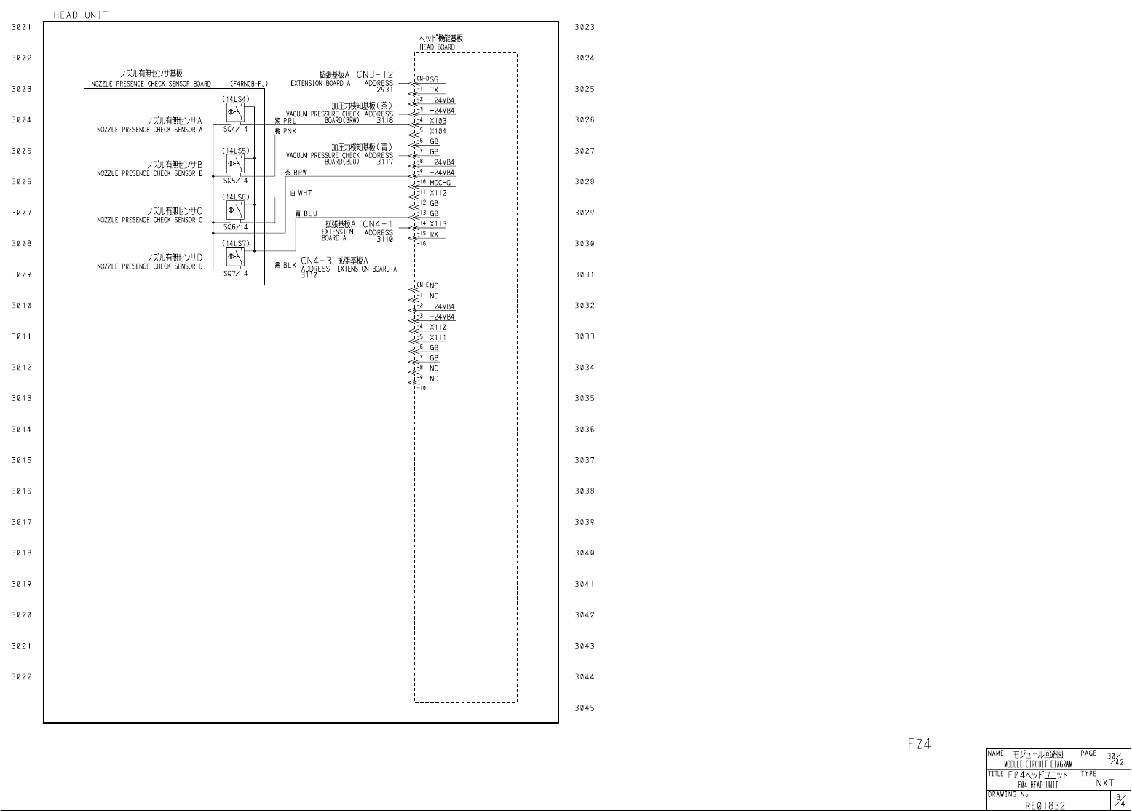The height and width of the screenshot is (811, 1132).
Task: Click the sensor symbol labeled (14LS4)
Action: click(234, 112)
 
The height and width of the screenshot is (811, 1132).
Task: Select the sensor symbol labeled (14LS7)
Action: click(234, 256)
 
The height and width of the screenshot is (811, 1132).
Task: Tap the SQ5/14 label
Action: click(235, 181)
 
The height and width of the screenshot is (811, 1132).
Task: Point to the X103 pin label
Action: click(438, 122)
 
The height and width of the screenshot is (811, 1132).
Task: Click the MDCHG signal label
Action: click(440, 183)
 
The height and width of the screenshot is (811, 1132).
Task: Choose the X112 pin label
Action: click(438, 194)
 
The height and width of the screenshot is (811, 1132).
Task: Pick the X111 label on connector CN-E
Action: click(438, 338)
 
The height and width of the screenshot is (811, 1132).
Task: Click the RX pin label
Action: click(434, 235)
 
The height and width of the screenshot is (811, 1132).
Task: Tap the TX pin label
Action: click(434, 90)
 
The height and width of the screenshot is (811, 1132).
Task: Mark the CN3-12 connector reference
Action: click(375, 74)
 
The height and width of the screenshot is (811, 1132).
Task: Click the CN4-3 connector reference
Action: click(316, 261)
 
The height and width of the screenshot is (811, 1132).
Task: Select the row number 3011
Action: click(22, 337)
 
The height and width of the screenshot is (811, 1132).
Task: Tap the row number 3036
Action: click(585, 430)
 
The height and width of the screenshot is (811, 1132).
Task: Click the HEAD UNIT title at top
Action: click(81, 15)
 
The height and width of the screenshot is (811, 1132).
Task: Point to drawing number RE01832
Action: click(1045, 805)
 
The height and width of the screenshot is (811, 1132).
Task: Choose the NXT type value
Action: click(1104, 783)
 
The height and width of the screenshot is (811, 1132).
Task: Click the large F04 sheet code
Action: click(919, 744)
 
